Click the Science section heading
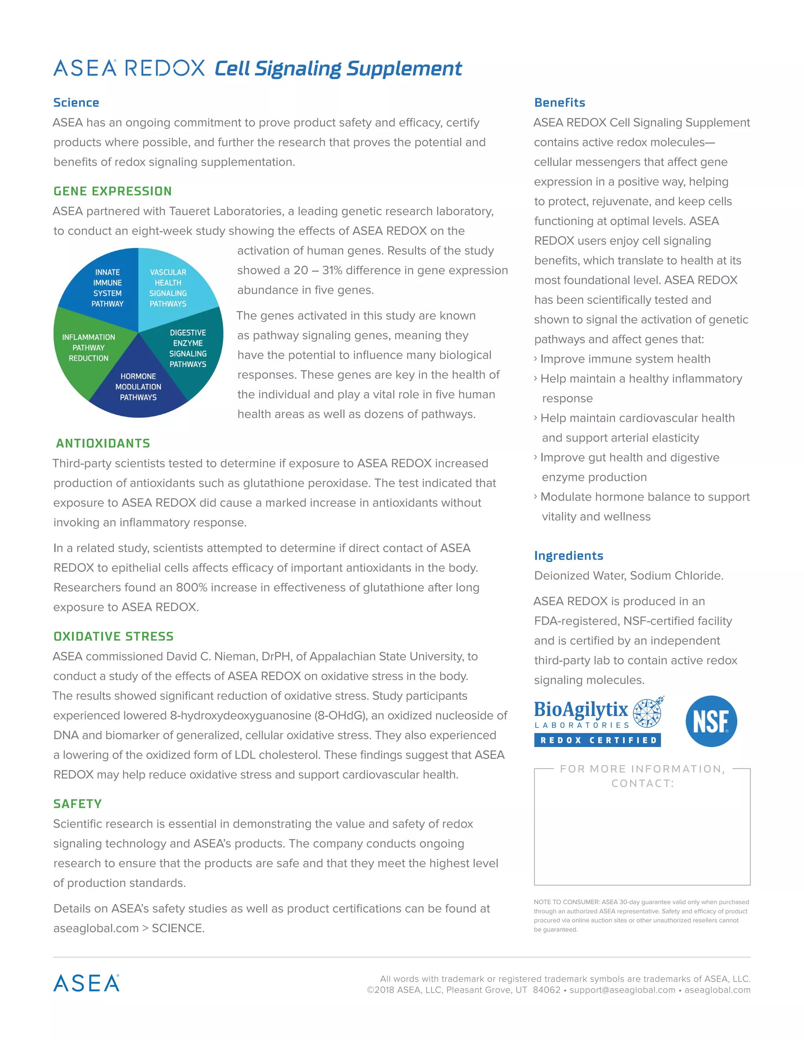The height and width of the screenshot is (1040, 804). (x=76, y=102)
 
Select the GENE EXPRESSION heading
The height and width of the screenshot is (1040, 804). (x=112, y=191)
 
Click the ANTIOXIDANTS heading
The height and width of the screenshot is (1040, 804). (x=103, y=443)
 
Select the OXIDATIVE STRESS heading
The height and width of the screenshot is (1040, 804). (x=113, y=636)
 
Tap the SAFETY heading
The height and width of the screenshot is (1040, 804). (x=78, y=804)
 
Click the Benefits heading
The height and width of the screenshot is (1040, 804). (x=560, y=102)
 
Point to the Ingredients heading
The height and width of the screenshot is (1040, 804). (x=569, y=556)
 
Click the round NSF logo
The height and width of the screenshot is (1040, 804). (x=711, y=721)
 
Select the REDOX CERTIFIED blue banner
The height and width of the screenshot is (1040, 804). (x=597, y=740)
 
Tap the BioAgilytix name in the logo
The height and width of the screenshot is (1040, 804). (x=581, y=710)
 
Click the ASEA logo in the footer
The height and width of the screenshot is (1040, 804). (x=86, y=983)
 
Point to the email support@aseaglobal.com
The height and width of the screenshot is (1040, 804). (x=622, y=990)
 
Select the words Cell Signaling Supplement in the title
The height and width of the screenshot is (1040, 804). (x=338, y=69)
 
